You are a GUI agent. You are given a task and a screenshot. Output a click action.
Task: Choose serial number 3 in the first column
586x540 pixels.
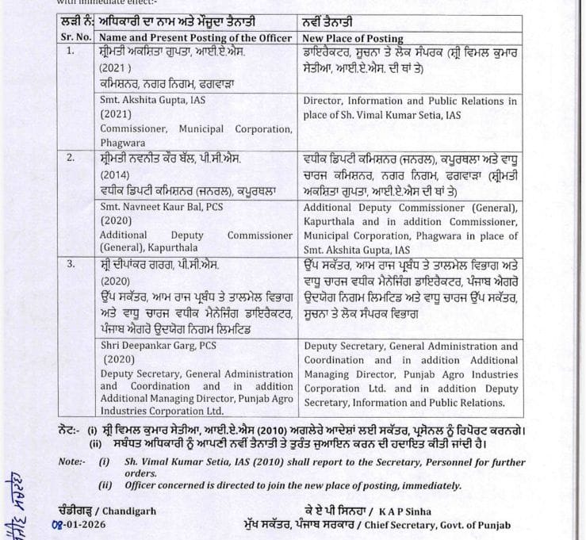pos(71,263)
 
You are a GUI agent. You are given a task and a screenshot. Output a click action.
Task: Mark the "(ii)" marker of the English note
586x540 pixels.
pos(105,485)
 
